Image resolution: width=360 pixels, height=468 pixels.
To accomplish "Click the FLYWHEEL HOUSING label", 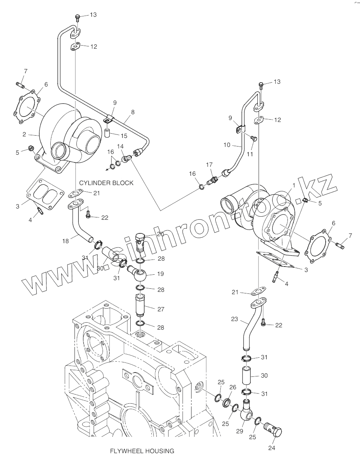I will tap(142, 451).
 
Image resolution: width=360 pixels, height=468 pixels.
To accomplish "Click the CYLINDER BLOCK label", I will tap(106, 182).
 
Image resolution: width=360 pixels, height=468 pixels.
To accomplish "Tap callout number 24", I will tap(272, 448).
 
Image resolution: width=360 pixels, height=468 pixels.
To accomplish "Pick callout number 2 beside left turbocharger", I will tap(24, 134).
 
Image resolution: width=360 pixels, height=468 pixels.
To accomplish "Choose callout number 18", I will tap(66, 241).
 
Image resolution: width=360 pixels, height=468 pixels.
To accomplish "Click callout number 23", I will tap(234, 318).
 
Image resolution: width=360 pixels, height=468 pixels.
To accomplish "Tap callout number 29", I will tap(239, 431).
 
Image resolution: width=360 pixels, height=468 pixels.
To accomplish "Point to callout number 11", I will tap(250, 154).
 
